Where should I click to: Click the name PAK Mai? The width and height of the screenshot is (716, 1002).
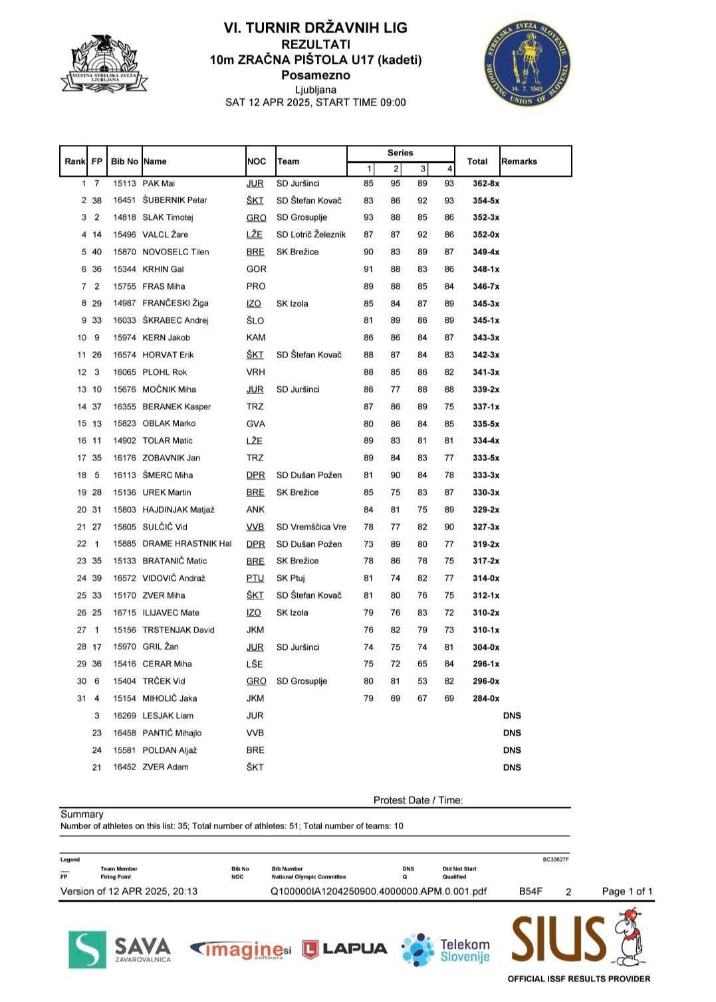[x=159, y=183]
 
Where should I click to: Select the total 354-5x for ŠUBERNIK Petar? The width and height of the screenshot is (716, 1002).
[x=486, y=201]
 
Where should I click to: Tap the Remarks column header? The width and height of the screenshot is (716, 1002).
[x=519, y=161]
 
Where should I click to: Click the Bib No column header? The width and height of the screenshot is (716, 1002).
[x=124, y=161]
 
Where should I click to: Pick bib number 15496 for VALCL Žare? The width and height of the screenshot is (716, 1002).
[x=124, y=235]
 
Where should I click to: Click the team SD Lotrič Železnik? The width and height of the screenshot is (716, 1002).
[x=311, y=235]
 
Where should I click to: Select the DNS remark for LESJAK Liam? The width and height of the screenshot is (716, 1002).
[x=512, y=716]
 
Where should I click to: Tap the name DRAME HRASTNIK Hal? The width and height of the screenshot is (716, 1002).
[x=187, y=544]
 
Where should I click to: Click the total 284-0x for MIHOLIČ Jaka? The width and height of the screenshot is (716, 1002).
[x=486, y=698]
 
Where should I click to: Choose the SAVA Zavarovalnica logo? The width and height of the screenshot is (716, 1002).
[x=120, y=949]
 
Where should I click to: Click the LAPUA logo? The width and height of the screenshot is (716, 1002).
[x=344, y=949]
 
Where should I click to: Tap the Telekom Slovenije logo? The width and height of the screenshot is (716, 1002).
[x=446, y=950]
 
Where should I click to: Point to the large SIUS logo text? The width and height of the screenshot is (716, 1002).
[x=558, y=939]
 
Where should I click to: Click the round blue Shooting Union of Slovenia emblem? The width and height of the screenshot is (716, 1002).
[x=527, y=63]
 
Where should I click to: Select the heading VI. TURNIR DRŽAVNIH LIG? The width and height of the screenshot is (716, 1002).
[x=315, y=28]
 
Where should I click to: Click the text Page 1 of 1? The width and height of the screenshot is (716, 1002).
[x=627, y=891]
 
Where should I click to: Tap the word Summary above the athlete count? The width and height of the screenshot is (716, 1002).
[x=82, y=814]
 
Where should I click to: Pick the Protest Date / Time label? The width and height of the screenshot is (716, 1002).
[x=418, y=800]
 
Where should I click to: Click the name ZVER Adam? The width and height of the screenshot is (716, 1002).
[x=165, y=767]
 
